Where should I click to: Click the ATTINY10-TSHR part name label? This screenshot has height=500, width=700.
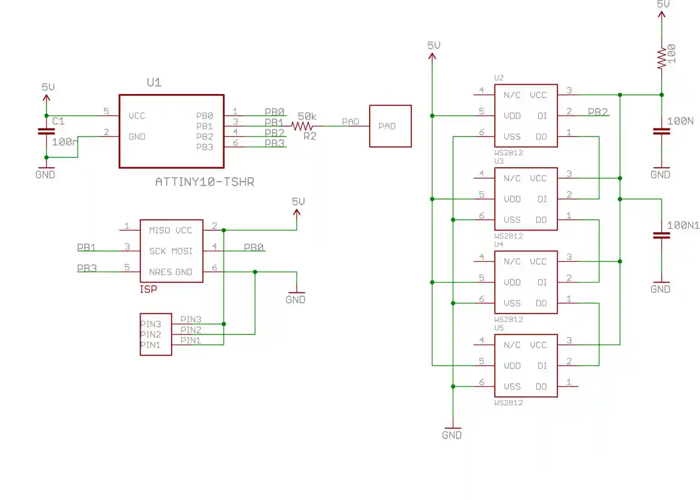pos(205,182)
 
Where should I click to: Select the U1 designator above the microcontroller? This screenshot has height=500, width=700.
pos(154,83)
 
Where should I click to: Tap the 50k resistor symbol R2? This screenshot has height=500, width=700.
pos(302,126)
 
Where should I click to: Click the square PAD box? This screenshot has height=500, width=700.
pos(390,126)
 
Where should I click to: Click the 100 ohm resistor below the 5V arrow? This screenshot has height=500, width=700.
pos(661,57)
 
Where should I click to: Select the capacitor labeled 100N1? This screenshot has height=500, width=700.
pos(661,236)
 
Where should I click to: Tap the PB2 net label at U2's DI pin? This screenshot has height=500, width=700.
pos(598,113)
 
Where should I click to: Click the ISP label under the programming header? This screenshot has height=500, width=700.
pos(148,290)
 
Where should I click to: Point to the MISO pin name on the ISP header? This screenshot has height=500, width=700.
pos(160,231)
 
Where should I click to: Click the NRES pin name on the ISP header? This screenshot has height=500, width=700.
pos(160,272)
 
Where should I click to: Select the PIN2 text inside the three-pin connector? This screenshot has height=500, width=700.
pos(150,334)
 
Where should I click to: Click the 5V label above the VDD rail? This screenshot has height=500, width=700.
pos(434,46)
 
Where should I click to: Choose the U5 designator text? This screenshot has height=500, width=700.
pos(499,328)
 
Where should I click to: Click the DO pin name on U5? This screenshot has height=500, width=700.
pos(541,387)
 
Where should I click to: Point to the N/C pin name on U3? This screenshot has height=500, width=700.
pos(512,179)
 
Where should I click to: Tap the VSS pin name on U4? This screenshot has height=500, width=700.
pos(512,303)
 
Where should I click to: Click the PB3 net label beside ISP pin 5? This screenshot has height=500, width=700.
pos(86,269)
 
